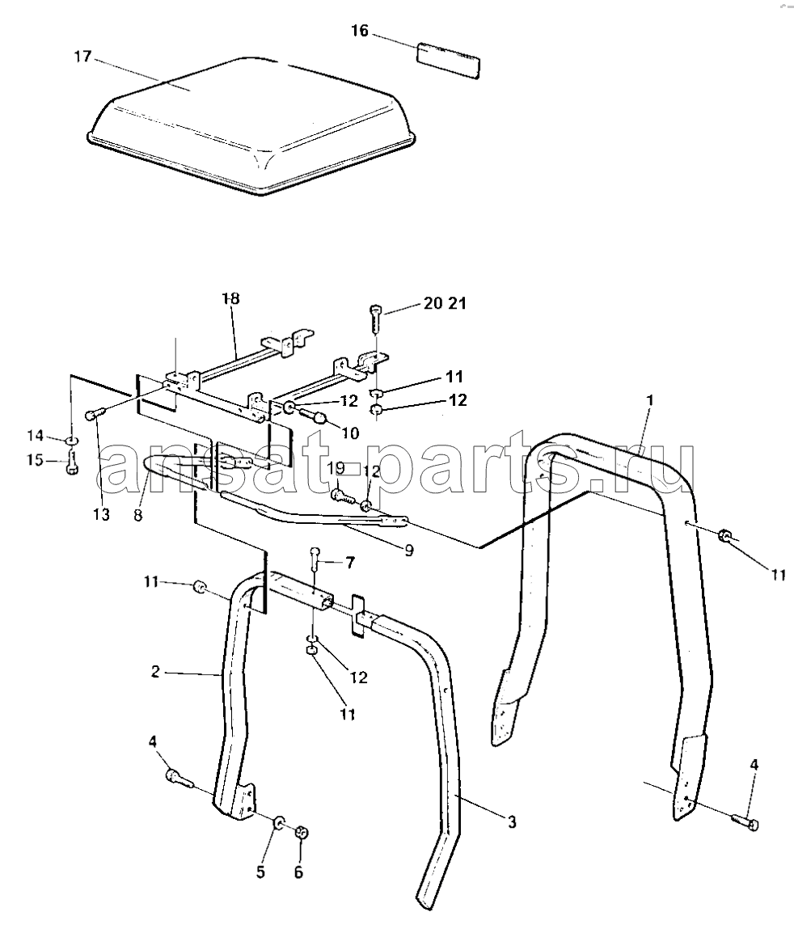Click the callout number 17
tap(82, 57)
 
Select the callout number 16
tap(360, 31)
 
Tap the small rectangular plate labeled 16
tap(449, 60)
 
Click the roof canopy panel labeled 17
tap(252, 125)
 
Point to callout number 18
tap(230, 298)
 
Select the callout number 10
tap(351, 433)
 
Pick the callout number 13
tap(102, 514)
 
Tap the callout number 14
tap(35, 436)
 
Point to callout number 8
tap(138, 515)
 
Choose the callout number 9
tap(409, 551)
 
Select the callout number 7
tap(350, 562)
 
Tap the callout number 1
tap(650, 400)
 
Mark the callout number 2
tap(155, 672)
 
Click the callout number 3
tap(512, 822)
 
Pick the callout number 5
tap(260, 872)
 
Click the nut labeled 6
tap(302, 832)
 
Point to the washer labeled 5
tap(279, 824)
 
